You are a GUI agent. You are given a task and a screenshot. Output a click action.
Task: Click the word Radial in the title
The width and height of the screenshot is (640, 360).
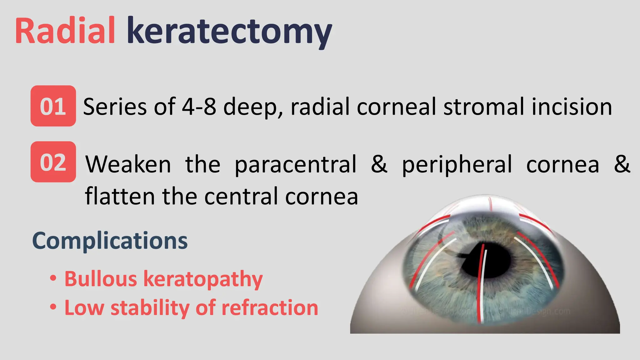click(x=65, y=31)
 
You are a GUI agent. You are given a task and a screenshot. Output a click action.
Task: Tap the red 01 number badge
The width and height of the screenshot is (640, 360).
click(x=53, y=106)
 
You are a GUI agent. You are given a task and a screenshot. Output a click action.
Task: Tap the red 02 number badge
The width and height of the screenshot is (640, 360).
click(x=53, y=162)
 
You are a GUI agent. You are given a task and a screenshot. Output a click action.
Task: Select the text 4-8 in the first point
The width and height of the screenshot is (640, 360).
click(x=199, y=107)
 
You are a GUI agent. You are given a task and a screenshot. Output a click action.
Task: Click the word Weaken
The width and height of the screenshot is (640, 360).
click(x=128, y=165)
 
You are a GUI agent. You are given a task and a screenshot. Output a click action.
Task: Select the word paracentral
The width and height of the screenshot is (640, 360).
click(x=295, y=165)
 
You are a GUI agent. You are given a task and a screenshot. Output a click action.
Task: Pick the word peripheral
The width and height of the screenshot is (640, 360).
click(x=457, y=165)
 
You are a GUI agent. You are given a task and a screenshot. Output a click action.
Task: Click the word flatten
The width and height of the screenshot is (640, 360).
click(x=120, y=197)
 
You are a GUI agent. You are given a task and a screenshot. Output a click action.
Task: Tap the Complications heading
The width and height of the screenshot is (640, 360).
click(x=110, y=241)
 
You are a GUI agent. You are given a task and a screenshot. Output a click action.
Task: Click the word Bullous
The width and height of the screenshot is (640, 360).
click(x=101, y=279)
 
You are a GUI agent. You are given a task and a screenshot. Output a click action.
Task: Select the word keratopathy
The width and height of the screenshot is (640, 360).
click(x=203, y=279)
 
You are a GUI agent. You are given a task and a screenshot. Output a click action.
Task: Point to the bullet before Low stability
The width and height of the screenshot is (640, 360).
click(x=53, y=307)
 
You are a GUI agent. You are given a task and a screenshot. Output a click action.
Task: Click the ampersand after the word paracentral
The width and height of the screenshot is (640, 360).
click(x=379, y=164)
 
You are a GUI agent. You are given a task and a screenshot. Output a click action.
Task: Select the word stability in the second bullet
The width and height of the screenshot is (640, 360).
click(x=150, y=308)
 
